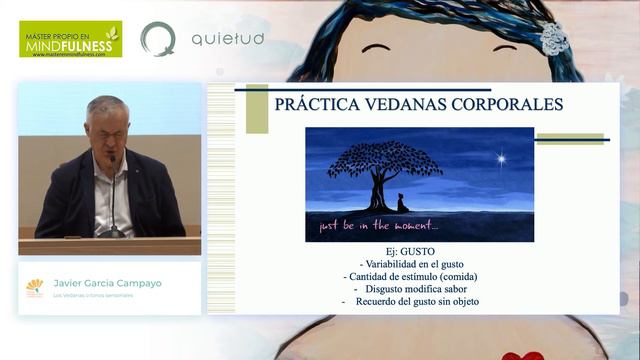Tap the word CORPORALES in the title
[x=509, y=105]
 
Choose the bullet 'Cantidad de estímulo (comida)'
[x=410, y=277]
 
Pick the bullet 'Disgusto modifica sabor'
[x=409, y=289]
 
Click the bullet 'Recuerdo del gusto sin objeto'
[x=409, y=302]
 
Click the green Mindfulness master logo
[x=70, y=39]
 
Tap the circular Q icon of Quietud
[x=158, y=39]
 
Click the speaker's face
[x=106, y=124]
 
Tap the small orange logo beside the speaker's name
[x=35, y=287]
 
